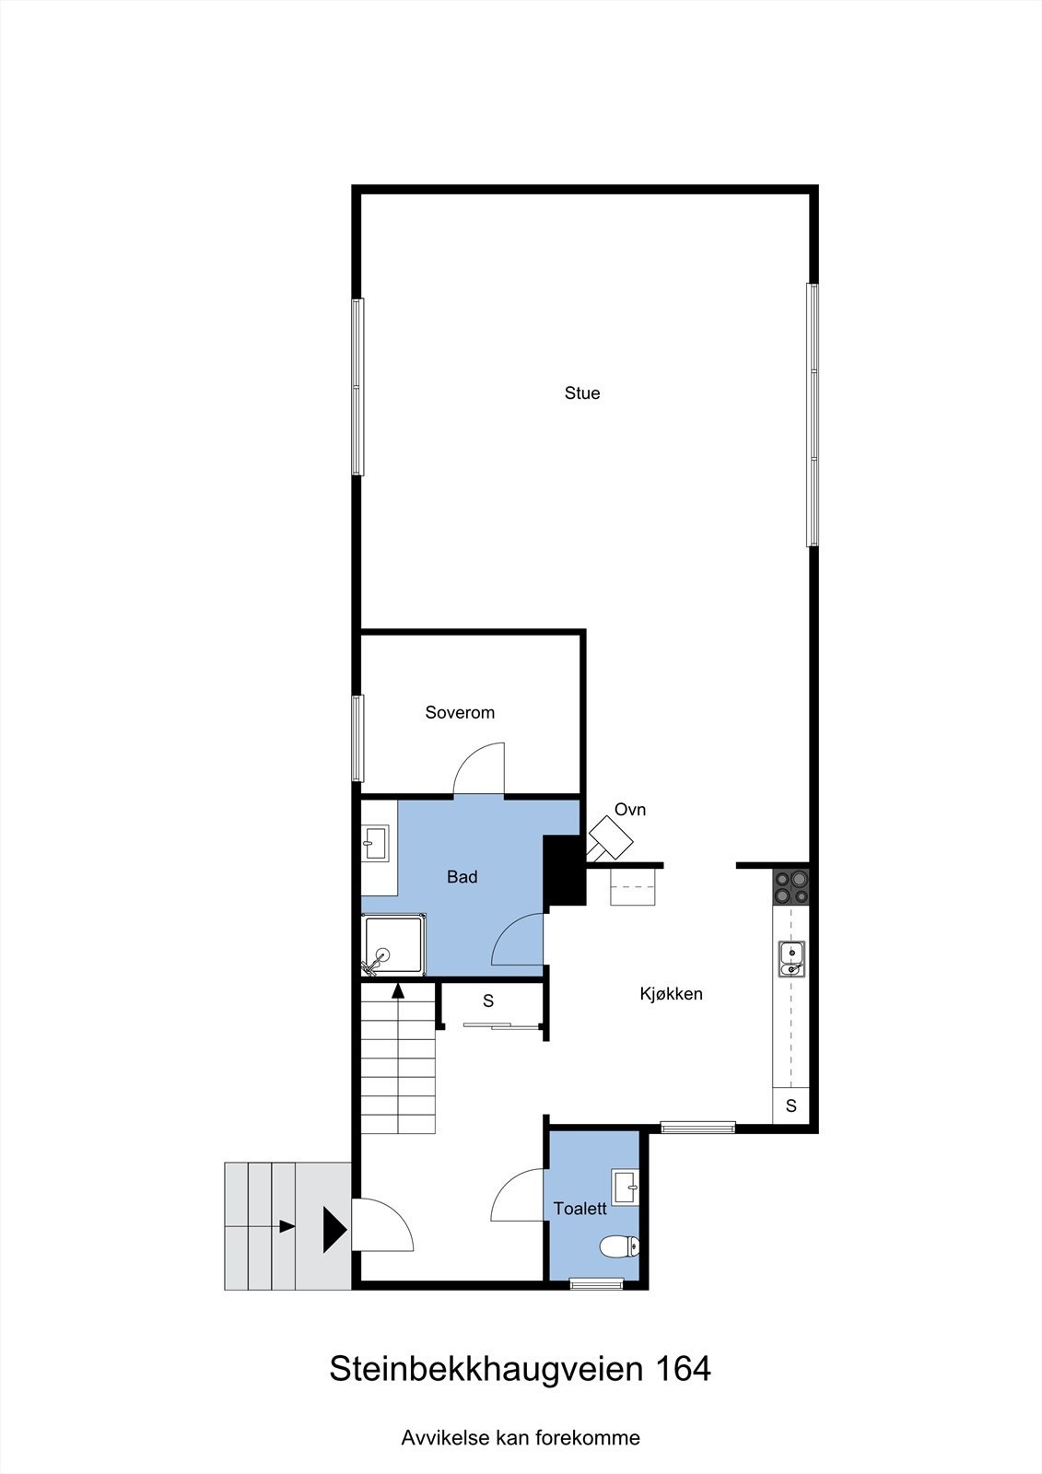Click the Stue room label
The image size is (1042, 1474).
[x=582, y=393]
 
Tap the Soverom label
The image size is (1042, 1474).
[x=460, y=712]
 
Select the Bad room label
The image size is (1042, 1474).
[x=462, y=877]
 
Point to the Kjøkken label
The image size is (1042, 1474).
[x=672, y=994]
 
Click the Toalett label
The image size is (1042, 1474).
[x=580, y=1209]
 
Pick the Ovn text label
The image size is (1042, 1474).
[x=630, y=810]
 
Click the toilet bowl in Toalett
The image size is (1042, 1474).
[x=618, y=1247]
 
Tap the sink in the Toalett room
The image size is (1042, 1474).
[x=626, y=1187]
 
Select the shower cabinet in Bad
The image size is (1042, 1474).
[x=393, y=945]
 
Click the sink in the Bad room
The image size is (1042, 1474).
[x=375, y=840]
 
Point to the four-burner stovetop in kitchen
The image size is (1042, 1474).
[x=791, y=886]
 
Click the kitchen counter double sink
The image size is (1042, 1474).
[x=791, y=958]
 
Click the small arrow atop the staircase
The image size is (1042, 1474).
[x=398, y=991]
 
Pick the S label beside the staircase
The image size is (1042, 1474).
[x=488, y=1000]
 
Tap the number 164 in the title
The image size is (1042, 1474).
[x=683, y=1369]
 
